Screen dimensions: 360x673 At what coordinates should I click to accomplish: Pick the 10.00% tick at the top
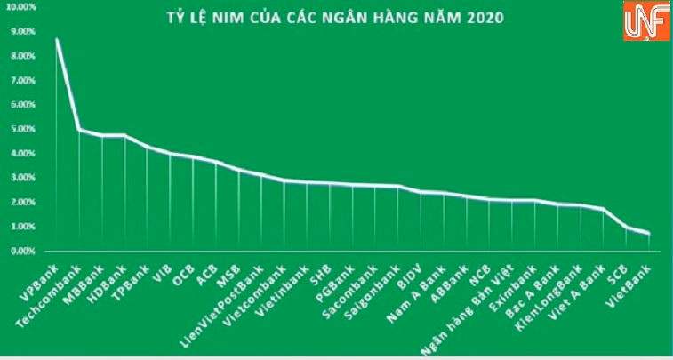tap(20, 7)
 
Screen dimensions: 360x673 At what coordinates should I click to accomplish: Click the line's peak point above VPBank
tap(56, 39)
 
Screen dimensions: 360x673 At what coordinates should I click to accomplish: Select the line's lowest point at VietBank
tap(649, 234)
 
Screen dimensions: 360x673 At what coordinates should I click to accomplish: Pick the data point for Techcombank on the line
tap(79, 130)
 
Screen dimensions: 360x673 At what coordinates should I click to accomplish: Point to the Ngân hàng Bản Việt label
tap(484, 298)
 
